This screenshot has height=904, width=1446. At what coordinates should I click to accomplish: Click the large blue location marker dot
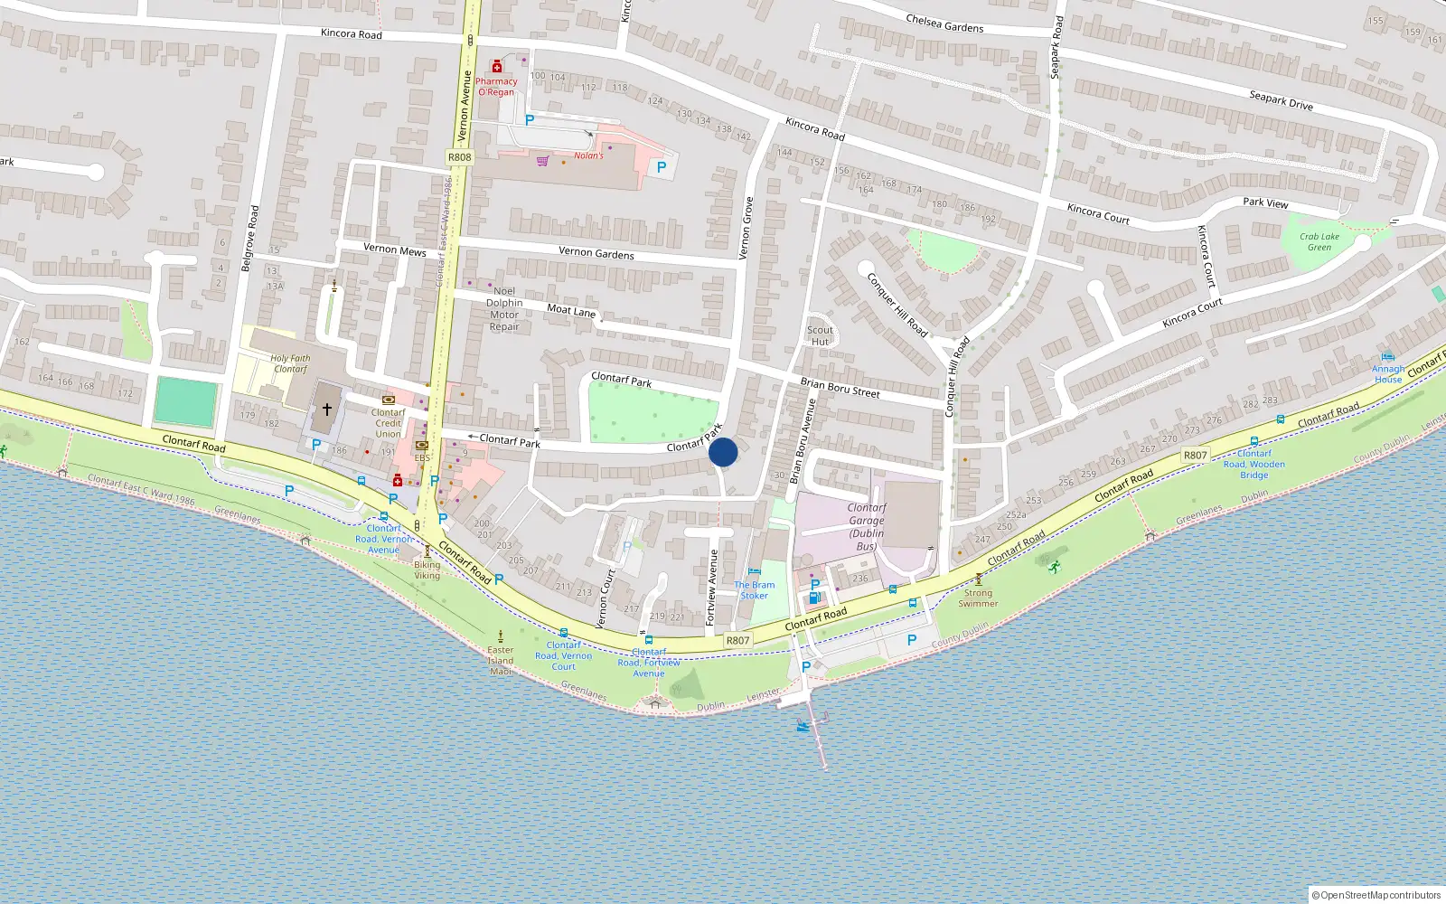723,452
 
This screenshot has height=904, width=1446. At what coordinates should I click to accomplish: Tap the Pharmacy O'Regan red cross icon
496,67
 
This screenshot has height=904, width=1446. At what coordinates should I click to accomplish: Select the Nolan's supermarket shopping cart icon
542,161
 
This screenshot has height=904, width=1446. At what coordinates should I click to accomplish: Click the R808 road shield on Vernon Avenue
459,157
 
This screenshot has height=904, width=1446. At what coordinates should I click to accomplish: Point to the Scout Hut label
820,335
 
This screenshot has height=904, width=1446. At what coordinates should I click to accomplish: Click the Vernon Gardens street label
596,253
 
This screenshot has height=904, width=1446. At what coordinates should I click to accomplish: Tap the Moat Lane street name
571,311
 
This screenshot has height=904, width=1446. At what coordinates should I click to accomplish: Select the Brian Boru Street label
840,388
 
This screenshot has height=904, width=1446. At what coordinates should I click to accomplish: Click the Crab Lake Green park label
1319,242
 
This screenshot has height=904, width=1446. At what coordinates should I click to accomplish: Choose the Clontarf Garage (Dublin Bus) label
866,527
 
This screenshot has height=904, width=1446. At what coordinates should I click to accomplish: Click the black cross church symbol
327,410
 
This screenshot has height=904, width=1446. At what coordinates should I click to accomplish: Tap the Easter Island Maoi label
501,661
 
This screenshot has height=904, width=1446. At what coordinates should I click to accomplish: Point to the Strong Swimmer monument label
978,598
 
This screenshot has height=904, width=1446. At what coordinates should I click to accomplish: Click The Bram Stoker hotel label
754,590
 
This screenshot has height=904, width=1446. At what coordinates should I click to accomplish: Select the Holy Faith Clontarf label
290,363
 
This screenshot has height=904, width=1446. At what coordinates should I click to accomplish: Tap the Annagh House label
1388,374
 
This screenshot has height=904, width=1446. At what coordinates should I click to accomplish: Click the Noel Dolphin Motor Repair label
504,309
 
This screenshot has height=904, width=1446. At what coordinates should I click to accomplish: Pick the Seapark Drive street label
1281,100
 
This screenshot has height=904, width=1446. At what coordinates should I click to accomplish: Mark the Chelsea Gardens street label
944,24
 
